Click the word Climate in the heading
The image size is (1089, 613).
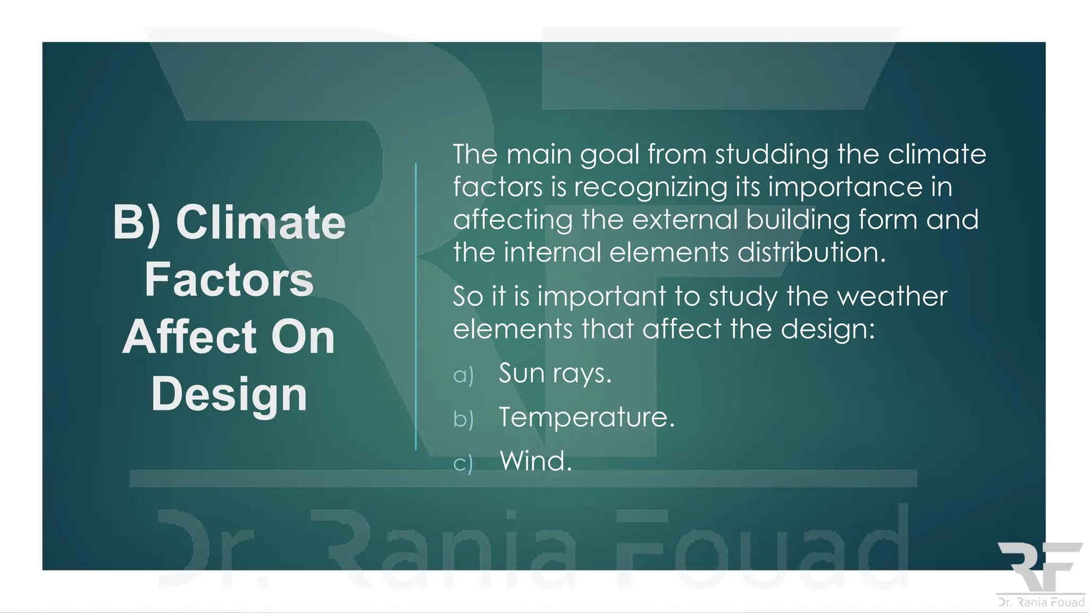[261, 222]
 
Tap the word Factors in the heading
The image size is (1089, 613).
[229, 280]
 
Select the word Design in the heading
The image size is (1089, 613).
[229, 395]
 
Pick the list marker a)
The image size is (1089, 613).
[463, 376]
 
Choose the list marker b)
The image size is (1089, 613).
[463, 419]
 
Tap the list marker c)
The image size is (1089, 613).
[463, 463]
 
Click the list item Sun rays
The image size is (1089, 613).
[555, 374]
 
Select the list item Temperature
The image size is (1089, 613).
[587, 417]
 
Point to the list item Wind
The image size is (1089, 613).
[535, 461]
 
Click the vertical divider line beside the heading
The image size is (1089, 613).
[416, 306]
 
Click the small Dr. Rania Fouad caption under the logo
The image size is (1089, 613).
[1041, 602]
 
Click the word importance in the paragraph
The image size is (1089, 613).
[845, 188]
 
